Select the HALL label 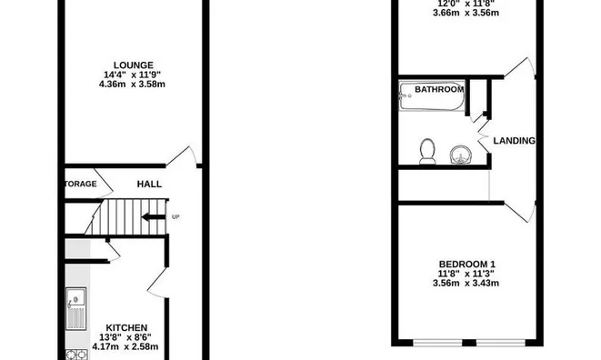[x=149, y=184]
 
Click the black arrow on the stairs [x=154, y=216]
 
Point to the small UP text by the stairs [x=175, y=216]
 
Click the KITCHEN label [x=126, y=327]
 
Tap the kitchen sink [x=76, y=309]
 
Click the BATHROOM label [x=439, y=89]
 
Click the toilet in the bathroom [x=427, y=151]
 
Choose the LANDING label [x=514, y=141]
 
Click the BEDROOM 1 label [x=467, y=264]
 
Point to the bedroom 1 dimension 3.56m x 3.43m [x=467, y=284]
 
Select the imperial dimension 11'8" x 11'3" [x=467, y=274]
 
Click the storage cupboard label [x=80, y=184]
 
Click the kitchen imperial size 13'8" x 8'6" [x=127, y=337]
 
